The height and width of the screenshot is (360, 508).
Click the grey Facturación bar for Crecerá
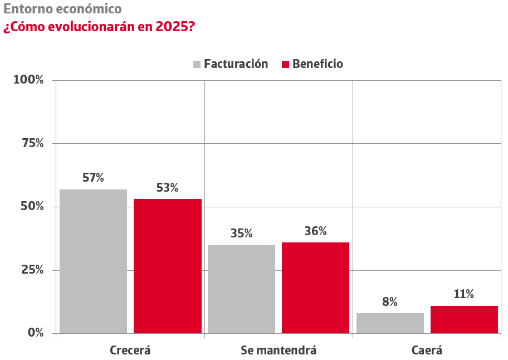pyautogui.click(x=93, y=261)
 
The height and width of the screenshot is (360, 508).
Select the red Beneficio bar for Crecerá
pyautogui.click(x=168, y=266)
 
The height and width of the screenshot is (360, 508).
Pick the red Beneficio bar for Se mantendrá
pyautogui.click(x=315, y=288)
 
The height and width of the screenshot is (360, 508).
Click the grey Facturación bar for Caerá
pyautogui.click(x=390, y=323)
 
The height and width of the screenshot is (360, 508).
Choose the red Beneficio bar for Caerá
pyautogui.click(x=464, y=319)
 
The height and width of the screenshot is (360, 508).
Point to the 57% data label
pyautogui.click(x=93, y=178)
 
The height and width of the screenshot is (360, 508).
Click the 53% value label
pyautogui.click(x=167, y=188)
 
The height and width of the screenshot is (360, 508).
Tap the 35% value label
pyautogui.click(x=241, y=233)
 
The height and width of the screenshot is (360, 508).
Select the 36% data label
pyautogui.click(x=315, y=231)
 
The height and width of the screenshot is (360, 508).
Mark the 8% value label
pyautogui.click(x=390, y=302)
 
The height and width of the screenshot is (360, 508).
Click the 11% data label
pyautogui.click(x=463, y=294)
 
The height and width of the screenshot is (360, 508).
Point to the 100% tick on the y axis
pyautogui.click(x=28, y=80)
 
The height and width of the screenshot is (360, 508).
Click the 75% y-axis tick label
pyautogui.click(x=32, y=143)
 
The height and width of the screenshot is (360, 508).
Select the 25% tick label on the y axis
pyautogui.click(x=32, y=270)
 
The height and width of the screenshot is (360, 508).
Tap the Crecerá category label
pyautogui.click(x=130, y=351)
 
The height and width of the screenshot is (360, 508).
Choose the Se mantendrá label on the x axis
pyautogui.click(x=279, y=351)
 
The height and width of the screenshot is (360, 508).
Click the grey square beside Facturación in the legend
pyautogui.click(x=197, y=64)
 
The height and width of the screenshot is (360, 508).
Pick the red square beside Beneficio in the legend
pyautogui.click(x=285, y=64)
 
